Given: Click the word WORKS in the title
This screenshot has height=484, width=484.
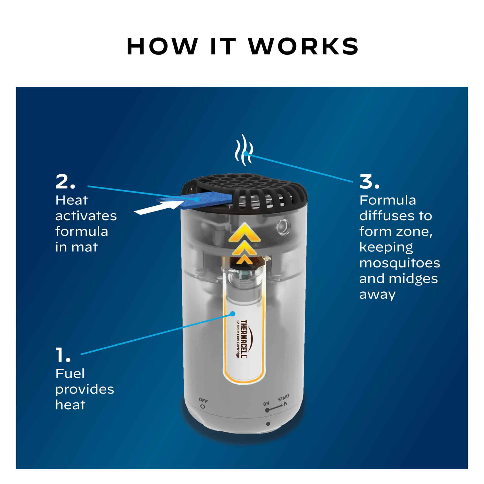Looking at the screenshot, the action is (x=303, y=46).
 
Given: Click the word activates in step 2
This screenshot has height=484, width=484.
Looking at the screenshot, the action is (x=86, y=216).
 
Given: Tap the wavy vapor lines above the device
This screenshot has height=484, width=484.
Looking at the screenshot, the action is (x=244, y=150).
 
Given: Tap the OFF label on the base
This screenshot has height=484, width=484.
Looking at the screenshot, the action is (x=203, y=401).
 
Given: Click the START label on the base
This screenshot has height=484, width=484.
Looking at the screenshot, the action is (x=284, y=397).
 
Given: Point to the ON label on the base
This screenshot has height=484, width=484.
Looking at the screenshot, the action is (x=266, y=404).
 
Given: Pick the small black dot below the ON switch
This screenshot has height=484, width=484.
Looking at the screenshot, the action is (x=268, y=424).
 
